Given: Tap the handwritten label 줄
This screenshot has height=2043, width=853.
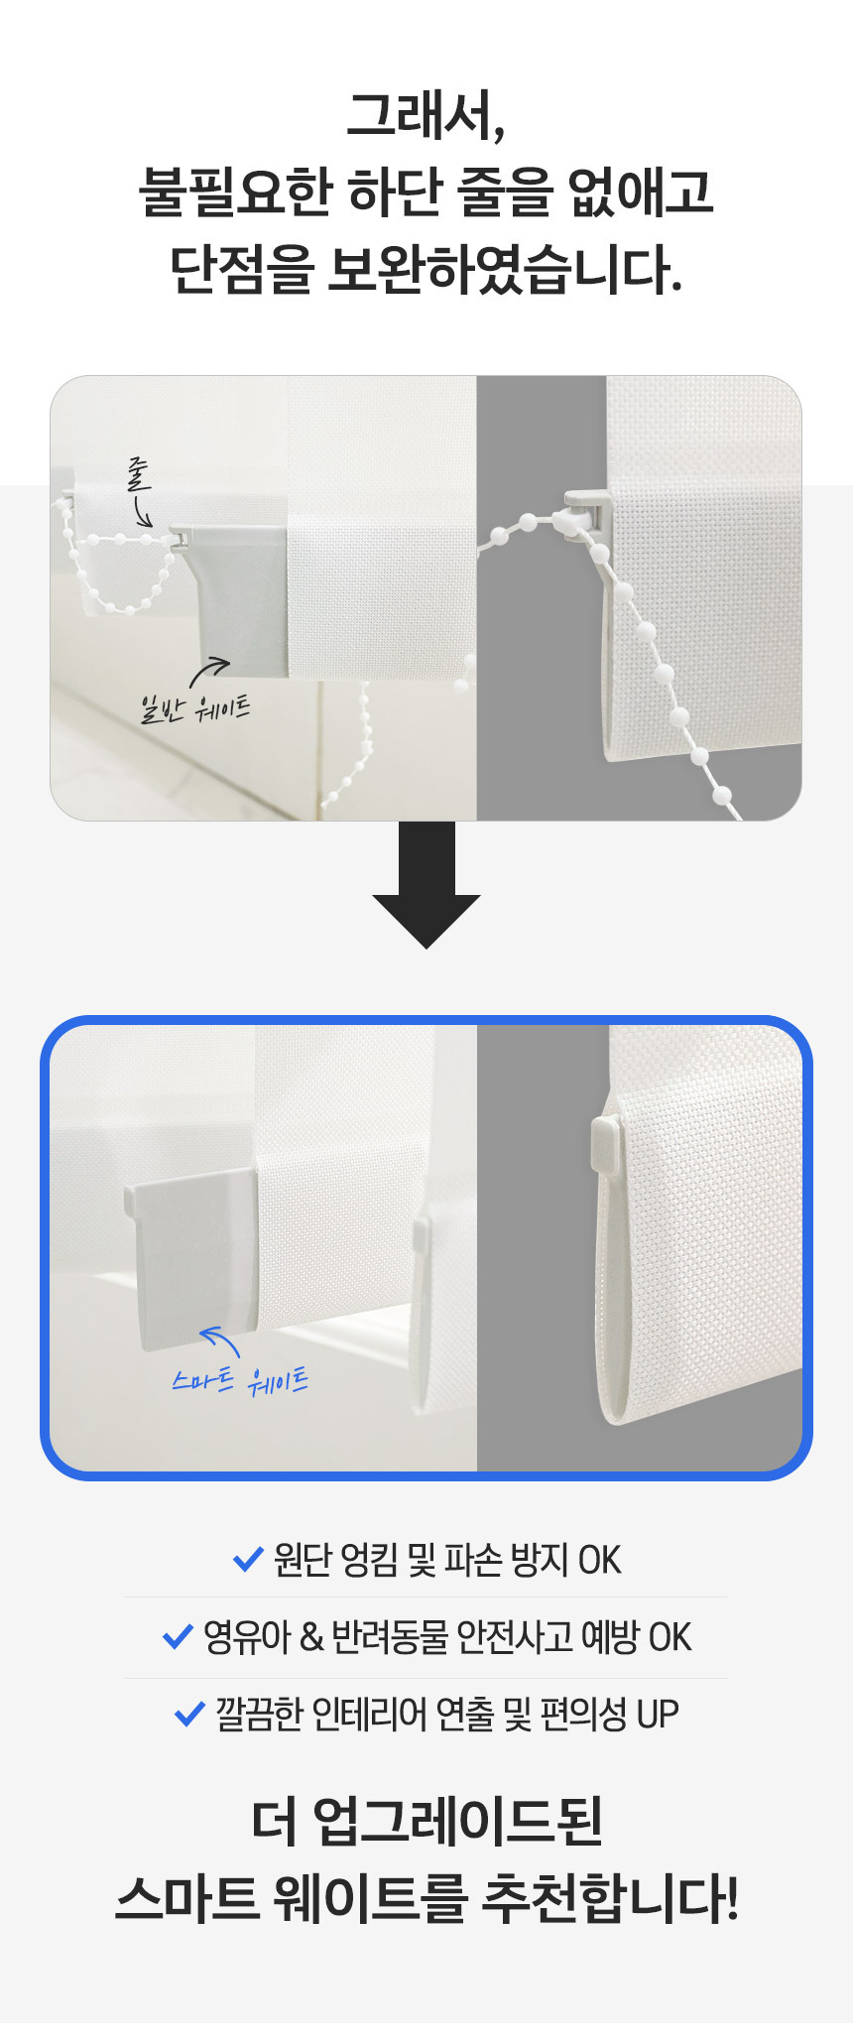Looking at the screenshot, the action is click(139, 474).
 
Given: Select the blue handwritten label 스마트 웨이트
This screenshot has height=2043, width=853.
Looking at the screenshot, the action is click(240, 1380).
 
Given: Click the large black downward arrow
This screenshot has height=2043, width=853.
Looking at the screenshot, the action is click(426, 885).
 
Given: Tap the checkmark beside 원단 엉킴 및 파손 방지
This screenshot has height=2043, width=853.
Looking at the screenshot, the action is click(247, 1560).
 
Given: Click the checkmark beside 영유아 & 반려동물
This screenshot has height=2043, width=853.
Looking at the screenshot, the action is click(178, 1636).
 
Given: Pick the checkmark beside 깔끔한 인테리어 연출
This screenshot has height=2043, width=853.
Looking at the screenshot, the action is click(189, 1713).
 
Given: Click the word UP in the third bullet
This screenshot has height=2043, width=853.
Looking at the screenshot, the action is click(658, 1714).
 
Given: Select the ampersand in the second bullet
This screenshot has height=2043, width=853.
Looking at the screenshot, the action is click(311, 1637).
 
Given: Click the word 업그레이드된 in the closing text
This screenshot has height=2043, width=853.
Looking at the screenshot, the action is click(457, 1821).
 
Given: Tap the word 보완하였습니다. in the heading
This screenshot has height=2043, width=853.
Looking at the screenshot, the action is click(505, 269).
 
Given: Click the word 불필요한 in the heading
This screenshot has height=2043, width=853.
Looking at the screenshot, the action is click(234, 192).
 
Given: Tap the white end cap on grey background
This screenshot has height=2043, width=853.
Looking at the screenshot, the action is click(607, 1143).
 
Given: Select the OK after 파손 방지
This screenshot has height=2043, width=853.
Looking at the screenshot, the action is click(600, 1561).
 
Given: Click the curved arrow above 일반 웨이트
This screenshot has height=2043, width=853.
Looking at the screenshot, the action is click(209, 672).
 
